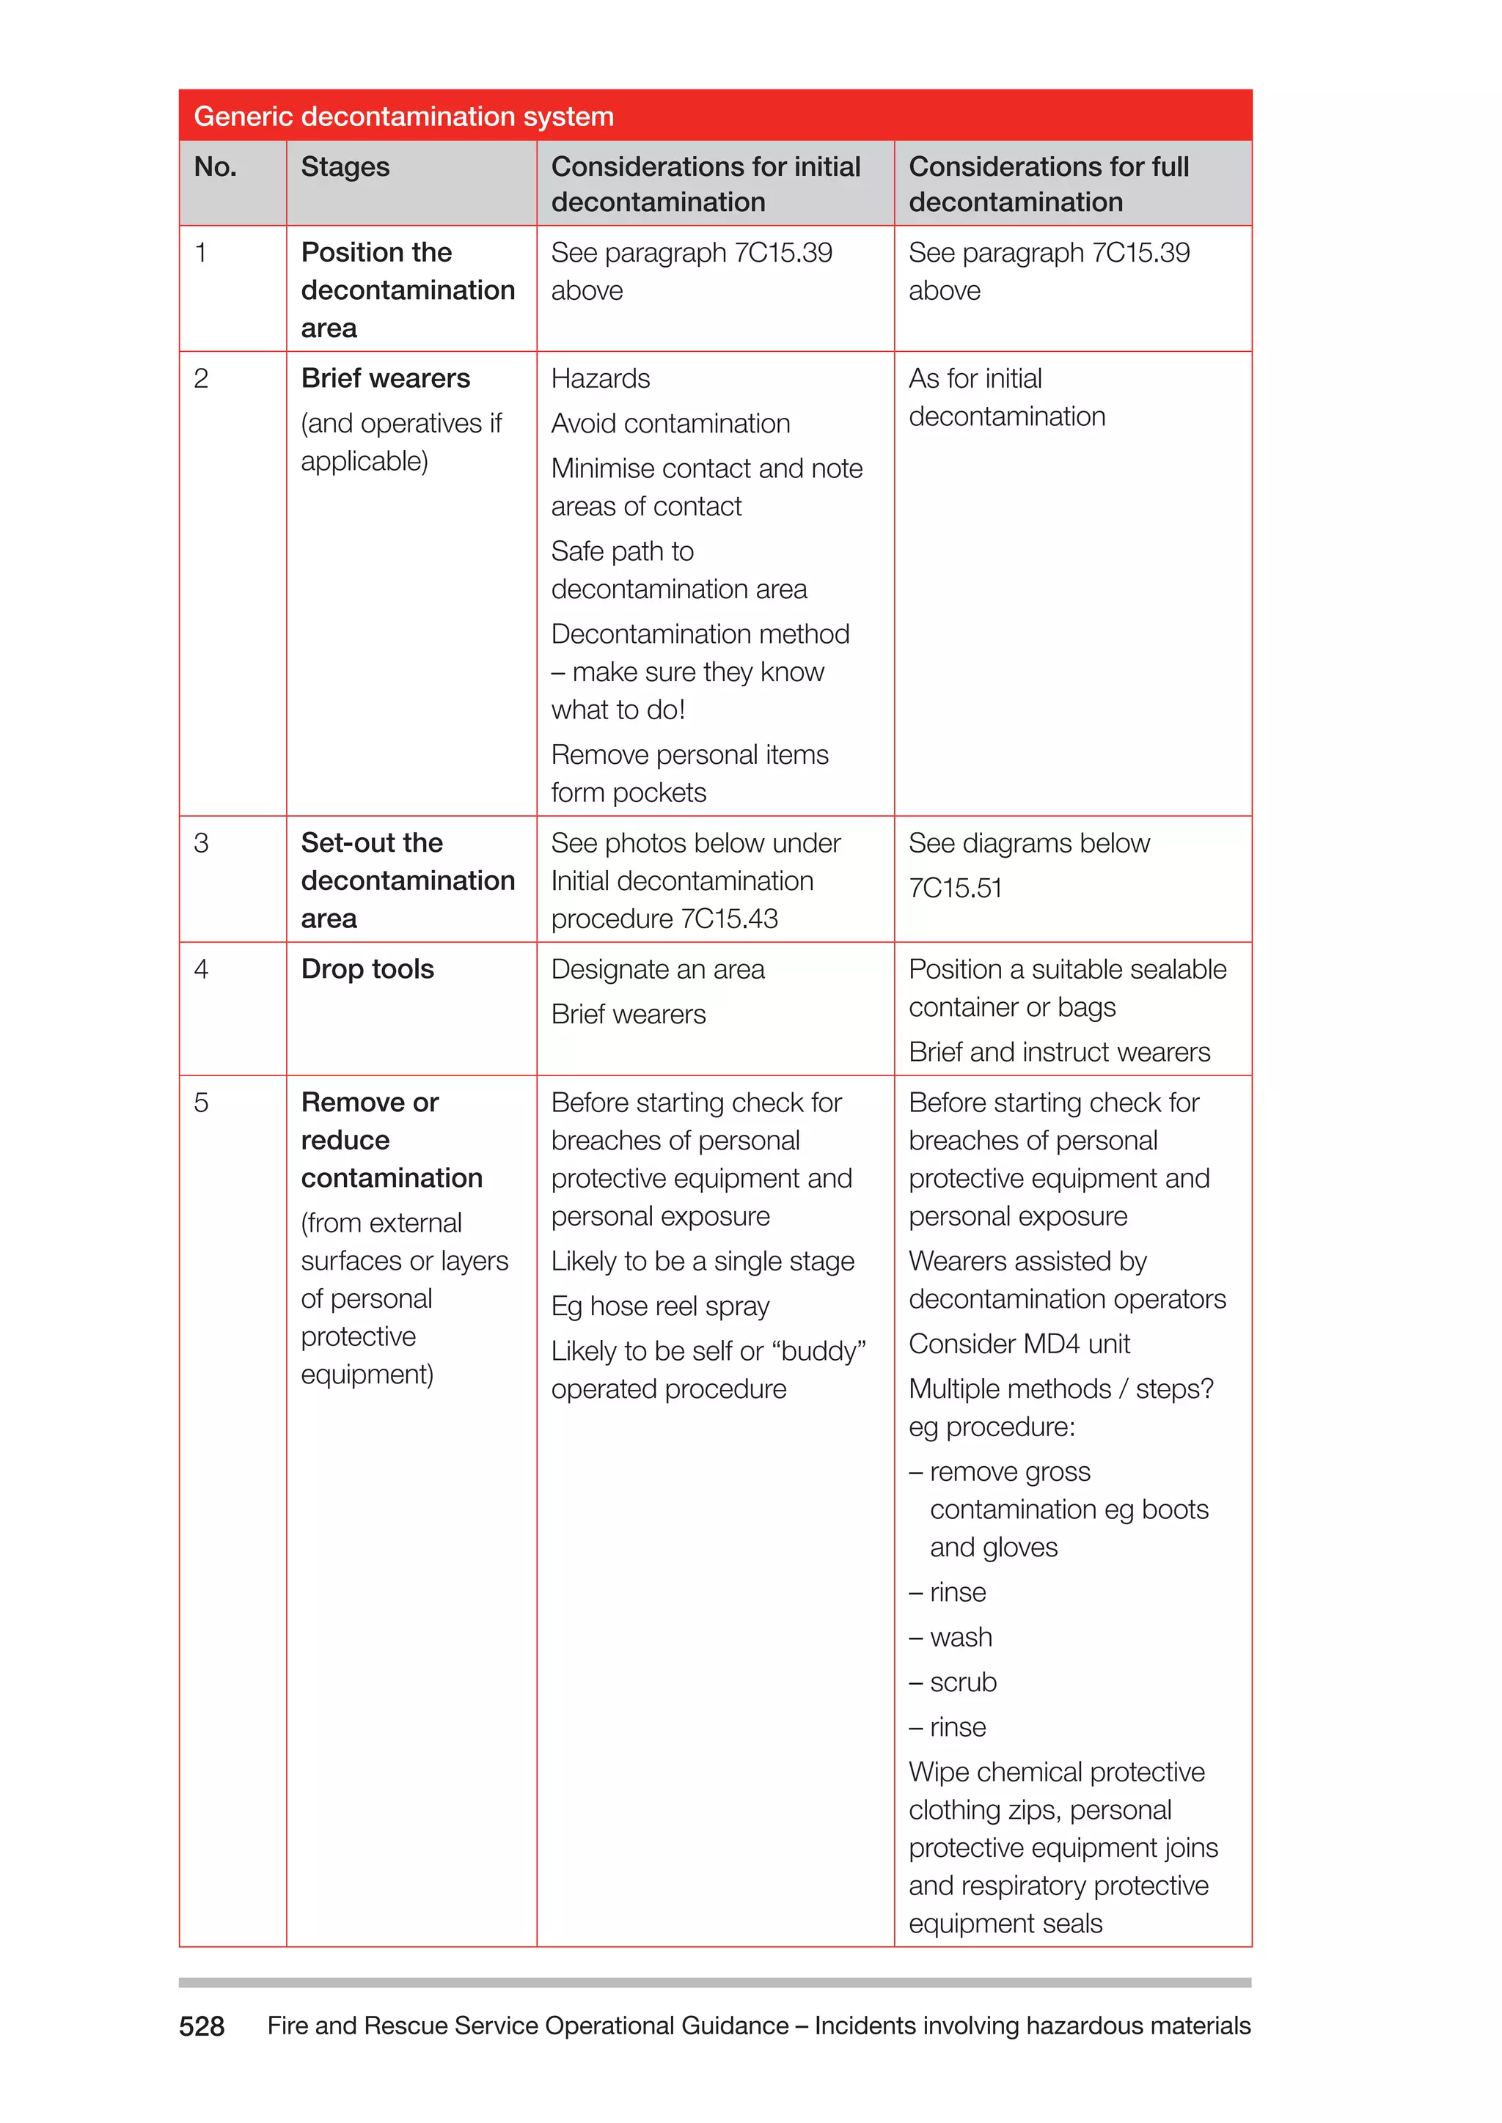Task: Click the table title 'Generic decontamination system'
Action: point(403,117)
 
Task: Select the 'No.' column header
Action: point(215,167)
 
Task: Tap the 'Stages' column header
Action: point(345,167)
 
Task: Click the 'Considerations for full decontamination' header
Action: point(1048,184)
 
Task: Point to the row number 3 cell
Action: point(202,843)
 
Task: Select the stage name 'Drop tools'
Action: point(367,969)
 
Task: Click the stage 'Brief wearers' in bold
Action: point(385,378)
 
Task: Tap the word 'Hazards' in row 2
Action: point(600,378)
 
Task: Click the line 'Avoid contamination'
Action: point(670,424)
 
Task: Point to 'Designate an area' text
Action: point(658,969)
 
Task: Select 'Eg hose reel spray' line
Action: point(659,1306)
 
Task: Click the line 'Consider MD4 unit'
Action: point(1019,1344)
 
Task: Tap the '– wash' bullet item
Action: point(950,1637)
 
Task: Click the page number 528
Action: point(202,2026)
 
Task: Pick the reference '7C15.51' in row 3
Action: point(956,888)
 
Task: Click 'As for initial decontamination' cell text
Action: point(1006,397)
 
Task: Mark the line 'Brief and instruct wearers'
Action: point(1059,1051)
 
